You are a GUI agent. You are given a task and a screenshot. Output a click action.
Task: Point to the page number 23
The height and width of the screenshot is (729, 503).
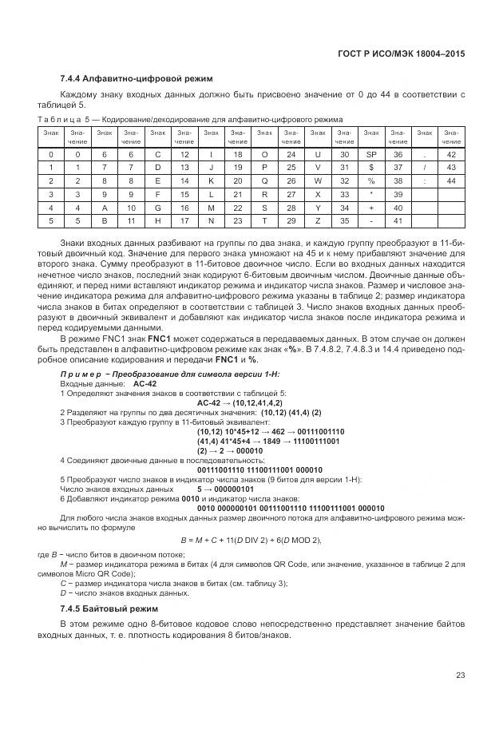click(x=460, y=676)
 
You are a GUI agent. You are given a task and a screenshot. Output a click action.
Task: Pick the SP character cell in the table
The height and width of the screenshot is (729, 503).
click(x=370, y=153)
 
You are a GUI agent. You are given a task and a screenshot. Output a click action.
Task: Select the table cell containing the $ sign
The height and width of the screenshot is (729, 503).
click(x=370, y=167)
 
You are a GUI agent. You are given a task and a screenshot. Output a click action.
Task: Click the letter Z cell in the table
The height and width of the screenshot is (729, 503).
click(x=318, y=220)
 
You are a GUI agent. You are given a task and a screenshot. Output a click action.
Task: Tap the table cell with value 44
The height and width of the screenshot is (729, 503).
click(x=451, y=180)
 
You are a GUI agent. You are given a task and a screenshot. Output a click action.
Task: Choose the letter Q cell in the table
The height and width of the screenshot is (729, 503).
click(x=264, y=180)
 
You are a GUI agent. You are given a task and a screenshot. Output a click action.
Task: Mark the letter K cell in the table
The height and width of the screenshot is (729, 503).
click(x=211, y=180)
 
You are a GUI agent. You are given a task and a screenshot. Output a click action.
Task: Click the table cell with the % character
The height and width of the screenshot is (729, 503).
click(x=370, y=180)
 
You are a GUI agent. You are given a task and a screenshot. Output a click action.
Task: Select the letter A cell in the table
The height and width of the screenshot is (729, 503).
click(x=104, y=207)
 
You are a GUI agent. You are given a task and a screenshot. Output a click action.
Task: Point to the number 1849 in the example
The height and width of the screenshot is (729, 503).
click(x=271, y=440)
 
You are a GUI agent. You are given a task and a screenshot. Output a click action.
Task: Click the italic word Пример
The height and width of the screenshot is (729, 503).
click(x=80, y=374)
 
